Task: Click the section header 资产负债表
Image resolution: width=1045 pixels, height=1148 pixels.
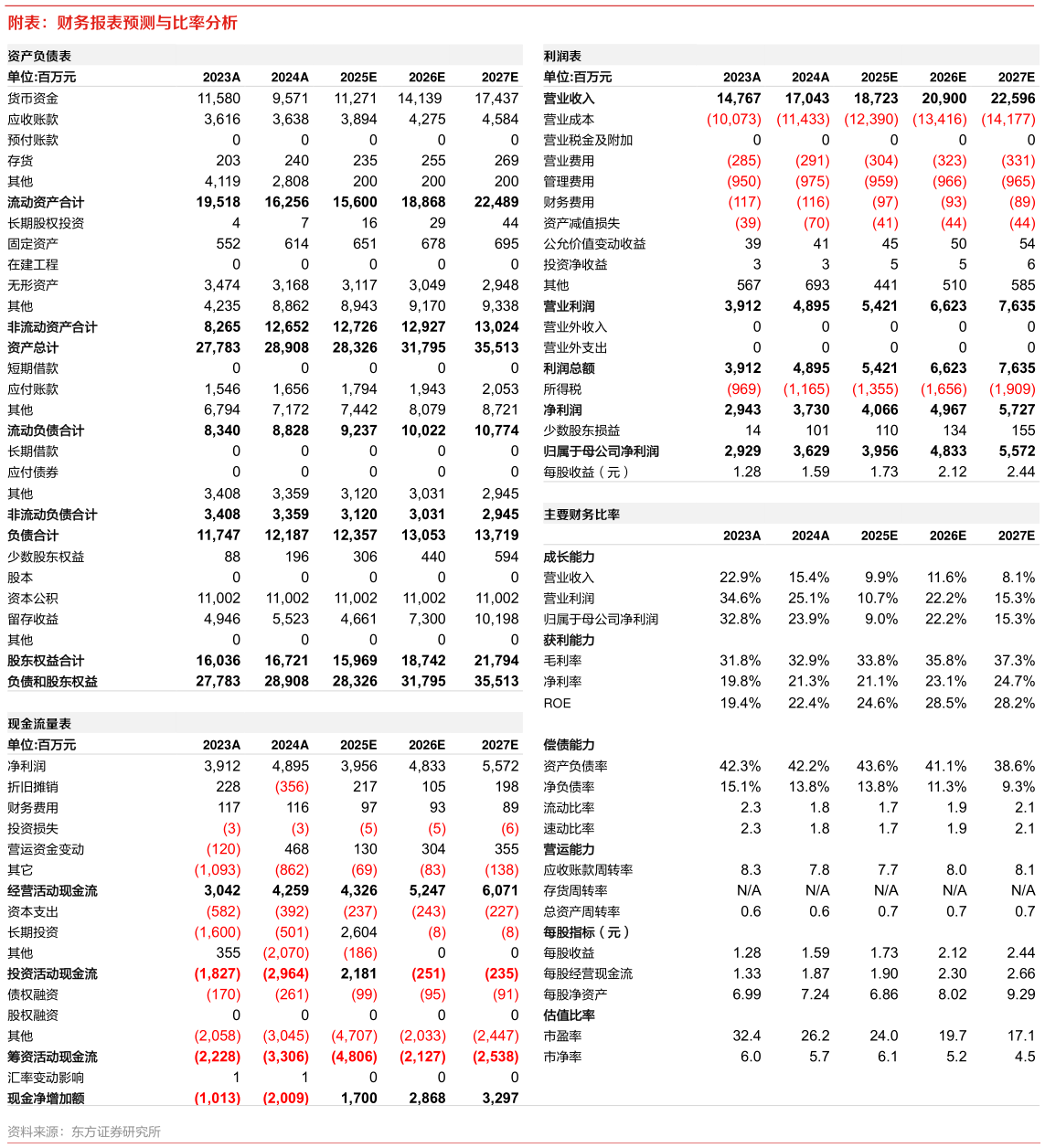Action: [39, 56]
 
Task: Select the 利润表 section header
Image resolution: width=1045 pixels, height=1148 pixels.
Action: [562, 56]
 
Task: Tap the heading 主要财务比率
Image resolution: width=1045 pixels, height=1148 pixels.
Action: [581, 515]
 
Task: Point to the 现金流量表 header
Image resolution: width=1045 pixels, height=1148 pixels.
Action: [39, 723]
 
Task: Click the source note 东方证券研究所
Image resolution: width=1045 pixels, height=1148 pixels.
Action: [115, 1132]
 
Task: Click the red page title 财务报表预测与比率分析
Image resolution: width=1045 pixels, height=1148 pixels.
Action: [146, 23]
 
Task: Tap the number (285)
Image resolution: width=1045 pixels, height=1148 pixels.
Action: [743, 161]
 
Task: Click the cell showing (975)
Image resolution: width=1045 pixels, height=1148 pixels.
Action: [812, 181]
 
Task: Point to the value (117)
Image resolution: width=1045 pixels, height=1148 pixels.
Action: [744, 202]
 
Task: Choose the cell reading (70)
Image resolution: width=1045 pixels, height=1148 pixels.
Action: [816, 223]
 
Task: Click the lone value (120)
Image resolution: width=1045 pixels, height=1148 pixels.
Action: [223, 849]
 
